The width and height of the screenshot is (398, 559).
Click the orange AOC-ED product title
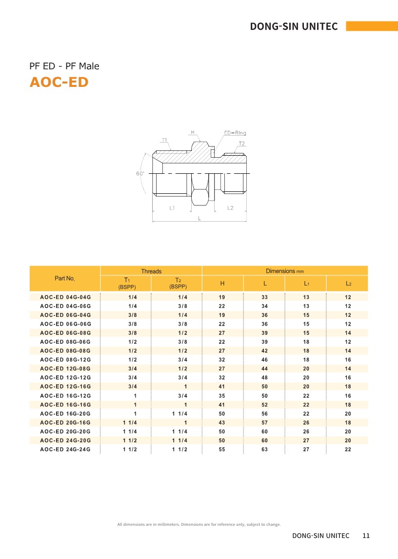tap(59, 82)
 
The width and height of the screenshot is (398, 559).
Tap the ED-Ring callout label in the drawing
tap(235, 133)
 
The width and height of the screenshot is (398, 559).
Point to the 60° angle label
tap(140, 174)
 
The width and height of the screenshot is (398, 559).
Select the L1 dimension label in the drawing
tap(172, 208)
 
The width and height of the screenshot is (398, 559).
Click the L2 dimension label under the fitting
tap(230, 208)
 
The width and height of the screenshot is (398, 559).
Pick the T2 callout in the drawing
tap(241, 144)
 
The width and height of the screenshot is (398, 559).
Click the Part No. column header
tap(65, 278)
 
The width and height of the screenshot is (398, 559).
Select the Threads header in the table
tap(151, 271)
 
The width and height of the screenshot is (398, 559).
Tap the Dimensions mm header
tap(285, 271)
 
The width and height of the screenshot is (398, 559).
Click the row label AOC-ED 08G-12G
tap(65, 360)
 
